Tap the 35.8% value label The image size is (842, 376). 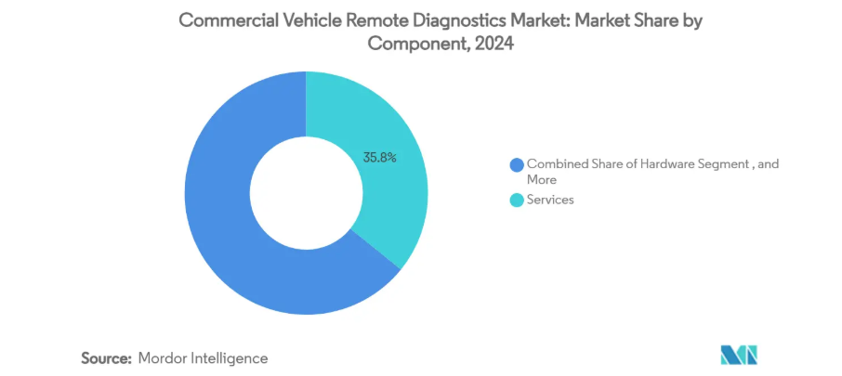coord(379,158)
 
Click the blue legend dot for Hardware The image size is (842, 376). coord(516,164)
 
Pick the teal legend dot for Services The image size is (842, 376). coord(516,199)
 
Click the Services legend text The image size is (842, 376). coord(550,199)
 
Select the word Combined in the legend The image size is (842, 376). coord(556,163)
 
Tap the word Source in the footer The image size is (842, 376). coord(104,357)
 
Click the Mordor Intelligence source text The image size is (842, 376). coord(203,357)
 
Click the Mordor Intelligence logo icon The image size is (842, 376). coord(739,355)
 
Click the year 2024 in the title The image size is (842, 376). coord(493,43)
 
